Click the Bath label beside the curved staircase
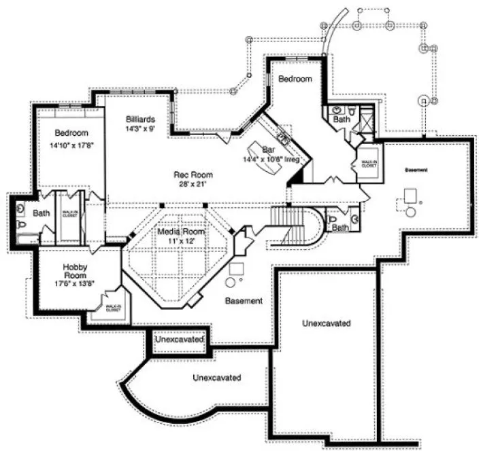(x=339, y=228)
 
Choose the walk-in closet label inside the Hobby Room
(x=113, y=308)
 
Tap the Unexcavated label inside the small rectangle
(x=179, y=338)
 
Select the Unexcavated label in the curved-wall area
(x=216, y=377)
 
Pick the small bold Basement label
(x=416, y=169)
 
